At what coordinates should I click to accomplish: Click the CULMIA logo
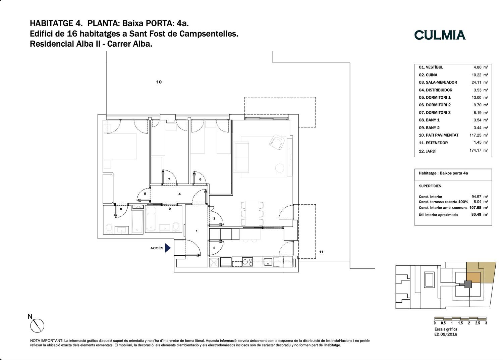coord(440,35)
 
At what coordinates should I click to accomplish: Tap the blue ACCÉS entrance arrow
coord(168,248)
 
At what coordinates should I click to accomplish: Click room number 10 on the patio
coord(159,82)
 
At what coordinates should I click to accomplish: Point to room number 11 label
coord(321,252)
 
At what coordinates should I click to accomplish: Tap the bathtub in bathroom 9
coord(151,219)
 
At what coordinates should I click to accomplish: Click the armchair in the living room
coord(277,142)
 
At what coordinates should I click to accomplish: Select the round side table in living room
coord(280,168)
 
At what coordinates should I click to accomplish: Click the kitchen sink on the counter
coord(268,262)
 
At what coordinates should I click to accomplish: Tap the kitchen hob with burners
coord(247,262)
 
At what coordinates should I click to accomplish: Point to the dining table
coord(252,213)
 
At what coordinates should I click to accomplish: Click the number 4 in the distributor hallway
coord(179,194)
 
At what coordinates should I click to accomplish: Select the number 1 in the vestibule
coord(197,231)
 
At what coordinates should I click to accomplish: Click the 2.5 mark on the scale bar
coord(478,323)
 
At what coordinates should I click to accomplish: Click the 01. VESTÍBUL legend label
coord(431,67)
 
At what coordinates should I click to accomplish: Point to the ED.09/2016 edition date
coord(446,334)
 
